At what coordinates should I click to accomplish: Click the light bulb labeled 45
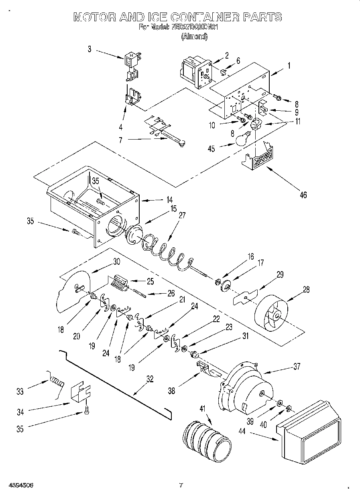[x=242, y=139]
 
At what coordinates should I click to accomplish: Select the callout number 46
[x=303, y=195]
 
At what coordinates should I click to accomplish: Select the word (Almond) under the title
[x=194, y=37]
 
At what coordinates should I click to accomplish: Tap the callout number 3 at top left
[x=89, y=49]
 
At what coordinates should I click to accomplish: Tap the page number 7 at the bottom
[x=181, y=485]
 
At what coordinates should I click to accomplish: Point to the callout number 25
[x=150, y=281]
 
